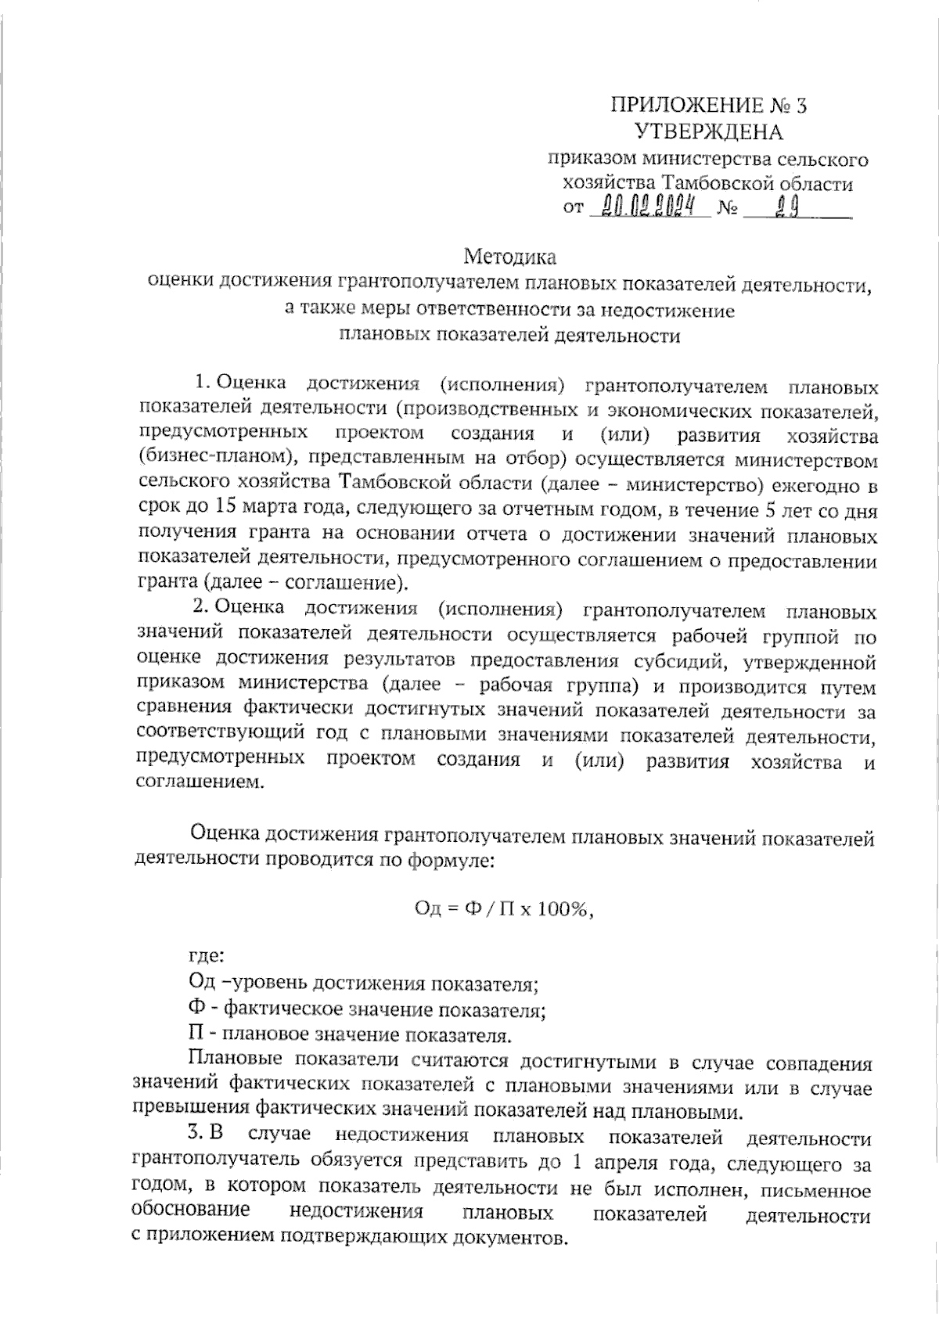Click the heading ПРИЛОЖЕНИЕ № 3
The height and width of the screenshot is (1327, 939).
708,105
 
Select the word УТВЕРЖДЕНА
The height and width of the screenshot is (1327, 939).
708,131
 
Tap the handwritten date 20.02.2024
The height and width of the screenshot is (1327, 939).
648,207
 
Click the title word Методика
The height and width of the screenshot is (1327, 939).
509,256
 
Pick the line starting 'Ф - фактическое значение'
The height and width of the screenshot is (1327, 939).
367,1009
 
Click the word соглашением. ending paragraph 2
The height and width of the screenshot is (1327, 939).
196,782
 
